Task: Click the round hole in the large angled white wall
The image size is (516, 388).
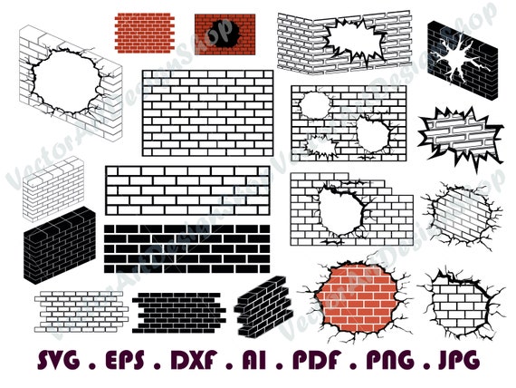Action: pos(61,82)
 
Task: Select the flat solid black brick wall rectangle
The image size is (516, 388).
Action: pos(186,247)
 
